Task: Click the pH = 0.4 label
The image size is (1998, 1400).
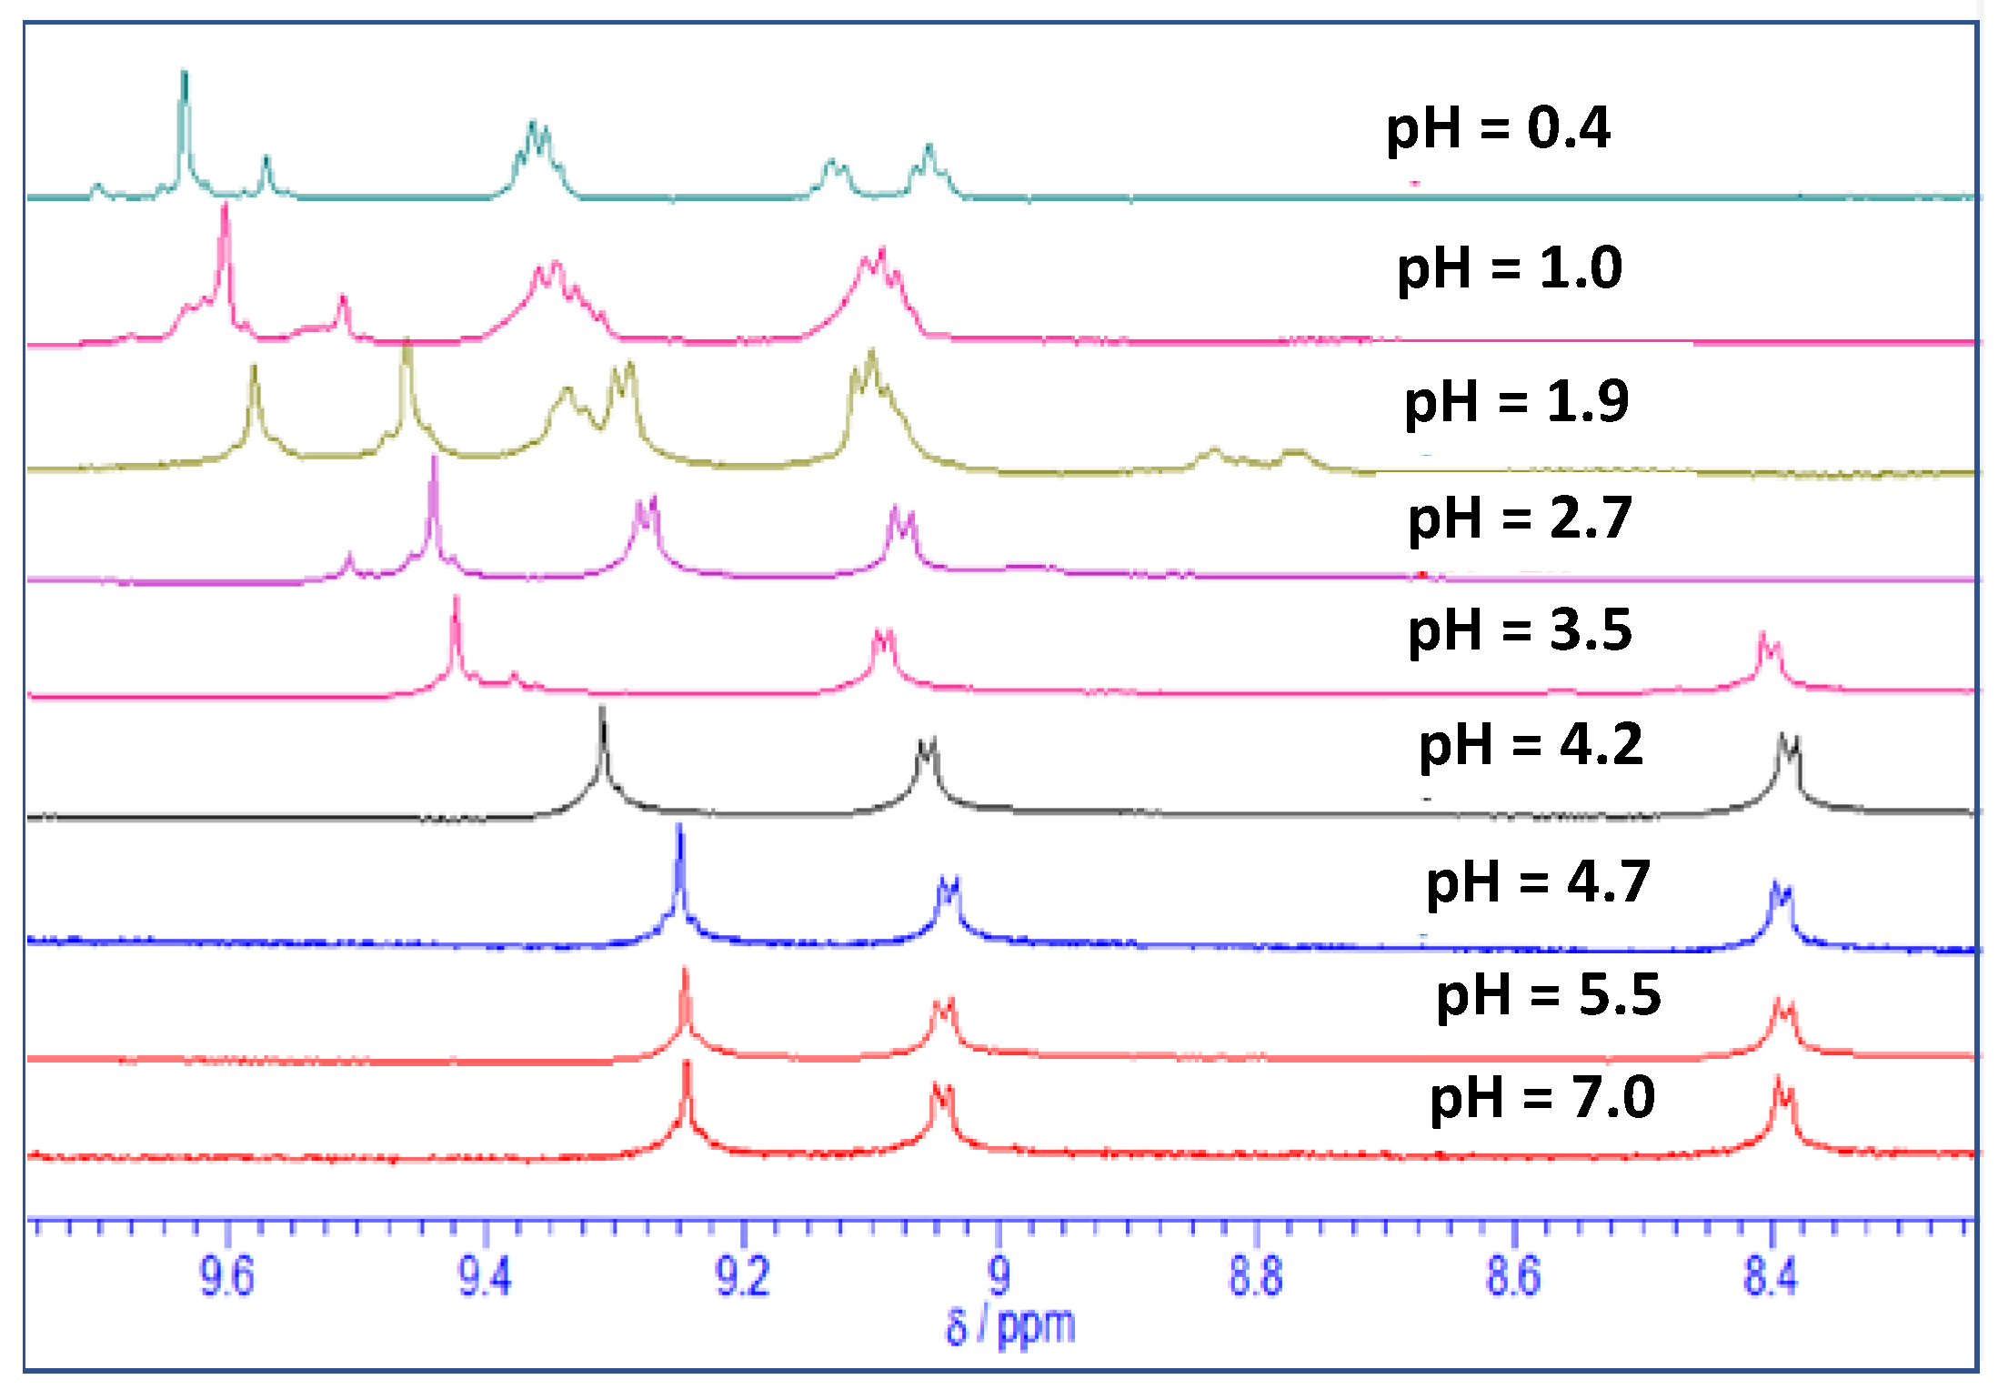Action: coord(1498,128)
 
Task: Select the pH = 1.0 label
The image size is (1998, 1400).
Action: coord(1509,268)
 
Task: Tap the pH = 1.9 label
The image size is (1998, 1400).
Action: coord(1516,401)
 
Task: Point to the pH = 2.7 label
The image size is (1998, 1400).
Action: coord(1520,519)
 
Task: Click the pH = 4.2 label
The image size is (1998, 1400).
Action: coord(1531,745)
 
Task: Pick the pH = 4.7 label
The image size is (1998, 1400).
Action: coord(1538,881)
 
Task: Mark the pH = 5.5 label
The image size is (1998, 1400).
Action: coord(1548,994)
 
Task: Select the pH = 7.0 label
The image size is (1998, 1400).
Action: coord(1542,1097)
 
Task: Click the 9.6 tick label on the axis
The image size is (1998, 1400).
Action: coord(226,1275)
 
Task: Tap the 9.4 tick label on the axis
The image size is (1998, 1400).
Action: coord(485,1275)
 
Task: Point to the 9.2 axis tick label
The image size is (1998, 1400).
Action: coord(743,1275)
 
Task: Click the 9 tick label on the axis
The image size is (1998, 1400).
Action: coord(999,1275)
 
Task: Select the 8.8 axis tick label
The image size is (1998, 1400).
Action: coord(1256,1275)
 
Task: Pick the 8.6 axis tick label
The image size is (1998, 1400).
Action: coord(1513,1275)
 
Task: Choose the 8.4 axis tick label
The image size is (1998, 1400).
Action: coord(1771,1275)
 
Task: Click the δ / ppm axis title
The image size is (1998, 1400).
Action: coord(1009,1326)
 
